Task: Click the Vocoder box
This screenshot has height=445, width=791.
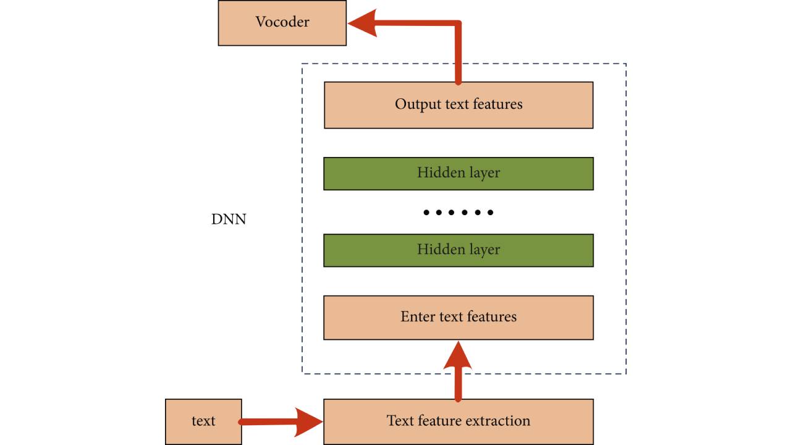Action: click(x=282, y=23)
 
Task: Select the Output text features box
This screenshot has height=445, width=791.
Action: click(x=458, y=104)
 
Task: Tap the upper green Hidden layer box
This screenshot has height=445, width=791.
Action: click(x=458, y=173)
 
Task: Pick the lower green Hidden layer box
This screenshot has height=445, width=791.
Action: click(x=458, y=250)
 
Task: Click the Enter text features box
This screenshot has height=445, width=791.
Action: click(x=458, y=317)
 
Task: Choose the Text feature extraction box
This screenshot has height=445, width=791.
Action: click(x=458, y=422)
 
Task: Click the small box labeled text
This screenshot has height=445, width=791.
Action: click(x=203, y=422)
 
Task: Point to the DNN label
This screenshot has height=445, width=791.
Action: click(x=229, y=219)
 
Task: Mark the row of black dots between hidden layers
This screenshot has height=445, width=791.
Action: click(x=458, y=213)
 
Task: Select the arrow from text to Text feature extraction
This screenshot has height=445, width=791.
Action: click(x=272, y=422)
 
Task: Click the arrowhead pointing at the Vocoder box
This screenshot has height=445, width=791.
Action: click(x=363, y=23)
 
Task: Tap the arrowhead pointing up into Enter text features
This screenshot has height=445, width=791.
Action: click(x=458, y=355)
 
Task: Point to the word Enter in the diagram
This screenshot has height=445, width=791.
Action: click(x=418, y=317)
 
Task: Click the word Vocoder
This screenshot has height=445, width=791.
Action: click(x=282, y=22)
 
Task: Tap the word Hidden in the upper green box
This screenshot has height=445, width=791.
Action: click(x=437, y=173)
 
